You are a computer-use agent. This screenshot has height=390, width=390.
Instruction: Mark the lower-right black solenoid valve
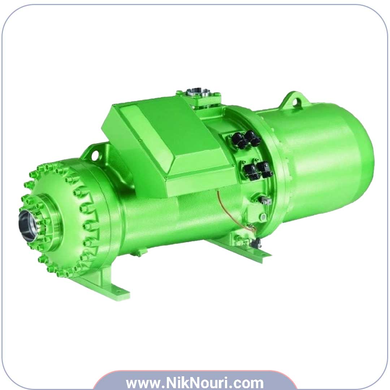pos(265,169)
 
